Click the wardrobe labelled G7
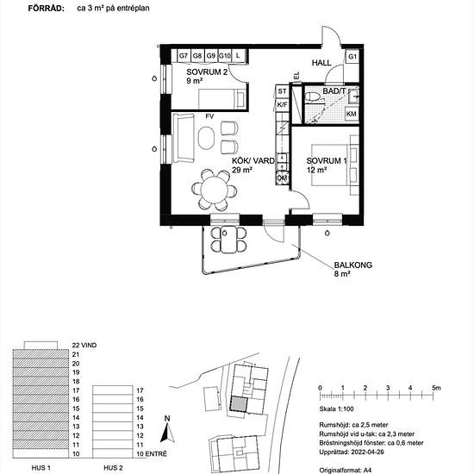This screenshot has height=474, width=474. click(x=184, y=56)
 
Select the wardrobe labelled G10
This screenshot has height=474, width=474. click(x=224, y=56)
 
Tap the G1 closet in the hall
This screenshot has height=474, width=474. click(x=352, y=57)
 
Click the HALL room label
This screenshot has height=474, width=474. click(x=321, y=64)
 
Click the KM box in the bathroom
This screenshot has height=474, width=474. click(x=352, y=114)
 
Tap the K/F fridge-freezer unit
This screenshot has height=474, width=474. click(x=282, y=105)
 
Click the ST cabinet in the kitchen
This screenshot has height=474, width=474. click(x=282, y=90)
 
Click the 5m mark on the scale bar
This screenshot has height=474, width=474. click(x=437, y=388)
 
